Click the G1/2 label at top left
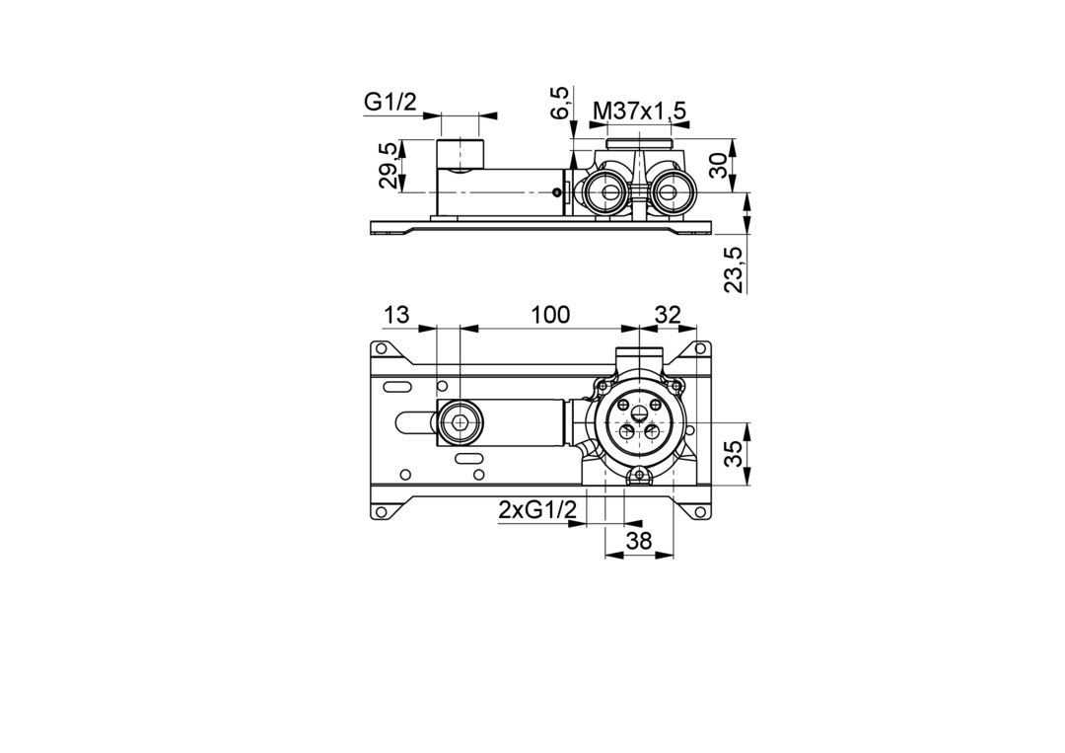coord(390,102)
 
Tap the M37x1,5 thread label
coord(639,110)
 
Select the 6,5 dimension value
coord(560,103)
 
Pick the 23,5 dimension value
coord(734,269)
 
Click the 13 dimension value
coord(396,315)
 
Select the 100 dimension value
coord(550,315)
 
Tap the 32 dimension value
coord(667,315)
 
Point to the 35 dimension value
coord(734,454)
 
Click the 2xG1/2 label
coord(537,509)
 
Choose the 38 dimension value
coord(638,541)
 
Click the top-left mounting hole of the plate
coord(381,348)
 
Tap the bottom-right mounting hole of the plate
coord(698,509)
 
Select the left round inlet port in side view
coord(605,193)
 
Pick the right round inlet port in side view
coord(672,193)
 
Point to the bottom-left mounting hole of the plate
coord(381,509)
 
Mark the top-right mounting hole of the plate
coord(698,348)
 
